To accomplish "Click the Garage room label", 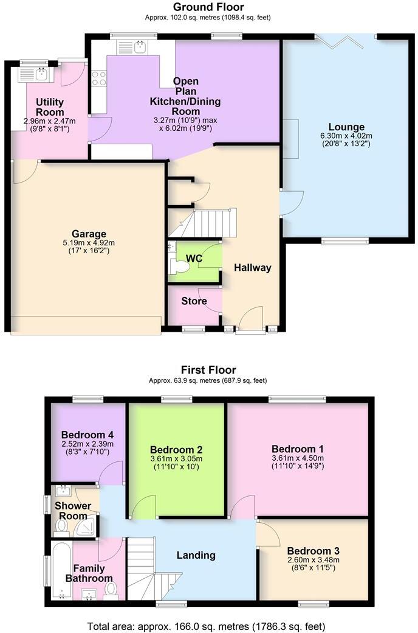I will click(x=89, y=234).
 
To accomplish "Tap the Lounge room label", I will click(x=347, y=127).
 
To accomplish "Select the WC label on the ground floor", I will click(x=194, y=259).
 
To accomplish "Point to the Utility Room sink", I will click(x=34, y=74).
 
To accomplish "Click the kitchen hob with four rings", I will click(x=98, y=79).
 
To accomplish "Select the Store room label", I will click(x=194, y=301).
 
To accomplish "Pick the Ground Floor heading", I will click(x=208, y=7).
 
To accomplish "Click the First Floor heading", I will click(x=208, y=369).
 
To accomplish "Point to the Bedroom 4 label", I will click(x=87, y=435).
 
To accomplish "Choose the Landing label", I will click(x=196, y=555).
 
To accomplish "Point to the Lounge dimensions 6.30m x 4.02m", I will click(x=347, y=136).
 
